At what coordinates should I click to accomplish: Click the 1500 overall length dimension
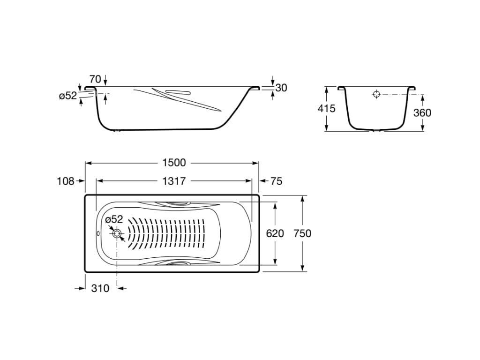(174, 163)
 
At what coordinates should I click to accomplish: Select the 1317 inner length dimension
(174, 181)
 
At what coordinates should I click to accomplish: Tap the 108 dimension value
(65, 181)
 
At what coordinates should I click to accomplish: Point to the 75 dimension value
(277, 181)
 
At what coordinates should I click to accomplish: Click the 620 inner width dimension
(275, 233)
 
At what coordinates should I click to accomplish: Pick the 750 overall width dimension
(302, 233)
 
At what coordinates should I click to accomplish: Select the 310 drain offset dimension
(100, 288)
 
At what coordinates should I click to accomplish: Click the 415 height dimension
(326, 109)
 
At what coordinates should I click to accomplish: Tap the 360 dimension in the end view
(422, 113)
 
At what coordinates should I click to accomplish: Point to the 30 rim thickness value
(281, 88)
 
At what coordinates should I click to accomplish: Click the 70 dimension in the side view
(95, 79)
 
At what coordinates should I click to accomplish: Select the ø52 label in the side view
(67, 96)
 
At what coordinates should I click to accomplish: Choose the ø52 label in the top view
(114, 219)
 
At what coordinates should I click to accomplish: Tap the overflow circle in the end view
(377, 94)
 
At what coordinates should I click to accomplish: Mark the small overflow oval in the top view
(98, 233)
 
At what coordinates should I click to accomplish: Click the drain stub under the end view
(376, 131)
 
